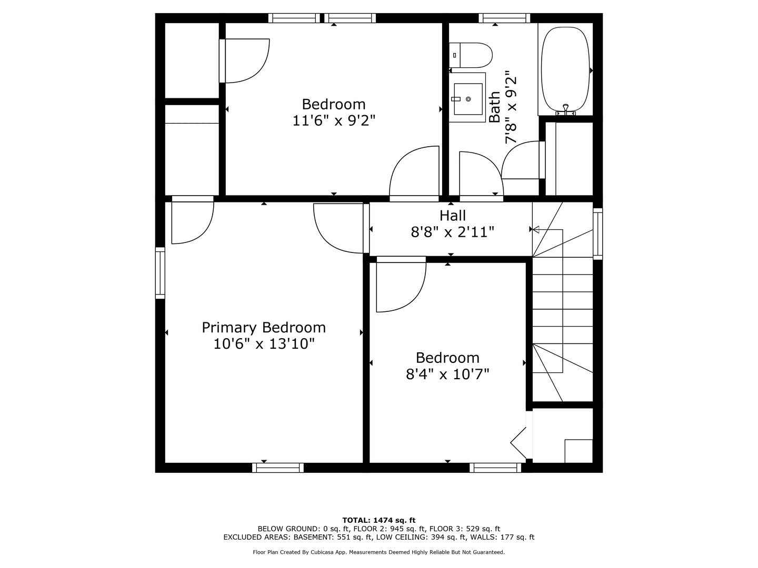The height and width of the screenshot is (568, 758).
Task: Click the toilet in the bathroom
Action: coord(471,55)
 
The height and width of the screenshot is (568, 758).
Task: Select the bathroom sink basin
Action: coord(468,99)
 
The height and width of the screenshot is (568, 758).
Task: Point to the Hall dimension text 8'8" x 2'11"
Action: coord(452,232)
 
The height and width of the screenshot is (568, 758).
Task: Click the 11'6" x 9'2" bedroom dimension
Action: coord(334,121)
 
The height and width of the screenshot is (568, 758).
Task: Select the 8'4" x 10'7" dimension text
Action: coord(447,374)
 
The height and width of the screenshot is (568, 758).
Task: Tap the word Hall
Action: coord(452,216)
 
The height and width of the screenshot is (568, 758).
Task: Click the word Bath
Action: coord(495,107)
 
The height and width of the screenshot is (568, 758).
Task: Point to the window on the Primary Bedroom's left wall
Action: coord(160,273)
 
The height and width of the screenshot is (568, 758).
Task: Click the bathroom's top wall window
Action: coord(504,18)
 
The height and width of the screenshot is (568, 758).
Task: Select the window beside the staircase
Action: coord(598,234)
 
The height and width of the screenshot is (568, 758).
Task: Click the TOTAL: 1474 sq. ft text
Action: coord(379,521)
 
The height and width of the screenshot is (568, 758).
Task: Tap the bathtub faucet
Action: coord(566,109)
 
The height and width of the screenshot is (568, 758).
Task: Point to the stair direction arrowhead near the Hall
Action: coord(536,229)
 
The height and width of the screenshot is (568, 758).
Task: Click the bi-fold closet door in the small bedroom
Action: coord(518,443)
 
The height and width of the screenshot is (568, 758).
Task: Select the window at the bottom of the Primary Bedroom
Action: coord(277,468)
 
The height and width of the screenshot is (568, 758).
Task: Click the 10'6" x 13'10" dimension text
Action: coord(264,344)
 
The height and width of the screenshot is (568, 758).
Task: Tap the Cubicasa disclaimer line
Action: coord(378,552)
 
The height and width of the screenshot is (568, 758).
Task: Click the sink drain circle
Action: coord(468,99)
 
